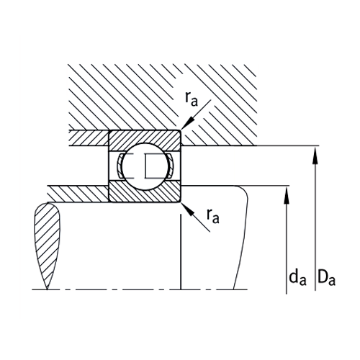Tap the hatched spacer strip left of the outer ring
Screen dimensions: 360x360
[x=86, y=136]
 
